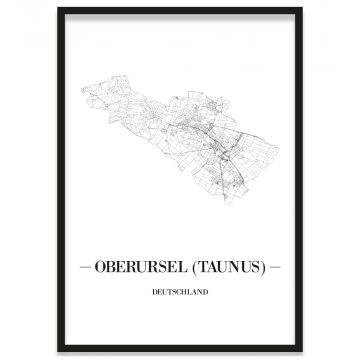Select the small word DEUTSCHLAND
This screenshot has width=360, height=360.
(x=180, y=293)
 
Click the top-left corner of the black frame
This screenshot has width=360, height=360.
(x=58, y=9)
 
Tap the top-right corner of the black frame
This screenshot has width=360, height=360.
(x=302, y=9)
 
